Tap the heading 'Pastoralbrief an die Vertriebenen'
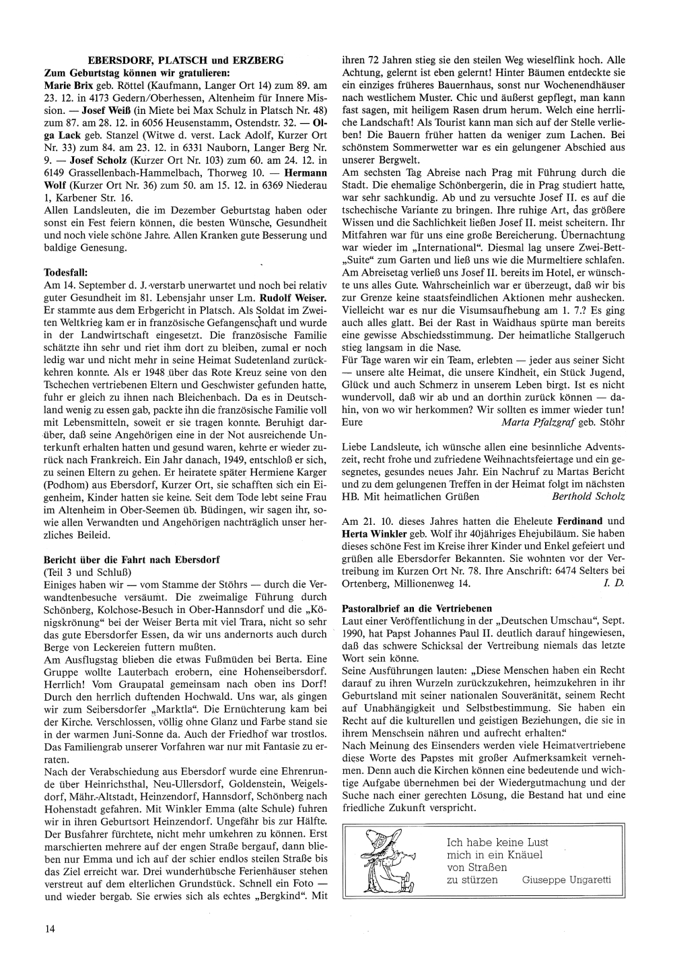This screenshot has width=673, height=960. (417, 608)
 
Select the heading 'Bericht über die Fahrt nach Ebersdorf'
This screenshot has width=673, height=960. (131, 559)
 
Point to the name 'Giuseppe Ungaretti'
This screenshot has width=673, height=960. (566, 880)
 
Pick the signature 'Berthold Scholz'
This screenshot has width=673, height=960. (588, 497)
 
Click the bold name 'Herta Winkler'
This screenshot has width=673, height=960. (373, 533)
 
